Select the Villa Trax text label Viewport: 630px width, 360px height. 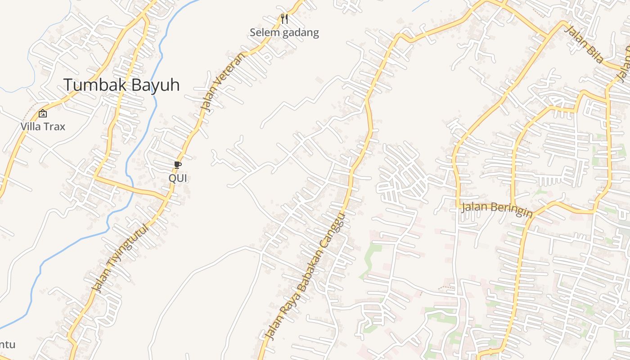pos(43,126)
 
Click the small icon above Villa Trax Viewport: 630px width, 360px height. pos(43,113)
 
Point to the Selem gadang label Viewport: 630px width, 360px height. pos(284,32)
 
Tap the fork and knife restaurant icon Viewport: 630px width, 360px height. pos(284,19)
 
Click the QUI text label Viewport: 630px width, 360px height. pos(177,178)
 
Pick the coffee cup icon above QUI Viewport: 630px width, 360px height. pos(177,165)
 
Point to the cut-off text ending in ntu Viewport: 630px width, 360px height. pos(8,345)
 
